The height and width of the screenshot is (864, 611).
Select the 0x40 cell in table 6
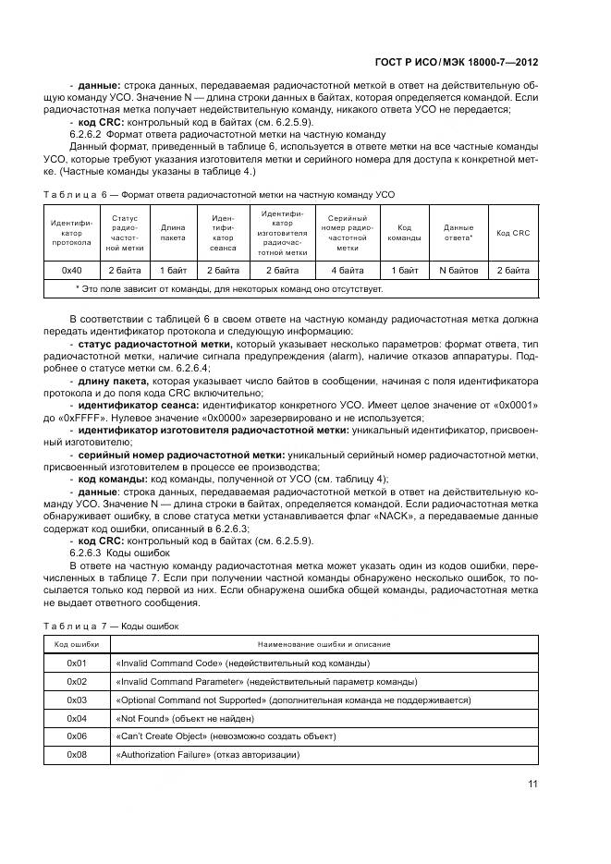click(x=71, y=270)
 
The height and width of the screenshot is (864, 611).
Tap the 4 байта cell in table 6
click(x=347, y=270)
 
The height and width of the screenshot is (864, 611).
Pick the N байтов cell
click(x=458, y=270)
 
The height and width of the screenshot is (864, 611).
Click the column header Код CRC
click(x=513, y=233)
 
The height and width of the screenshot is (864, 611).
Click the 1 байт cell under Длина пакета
click(x=173, y=270)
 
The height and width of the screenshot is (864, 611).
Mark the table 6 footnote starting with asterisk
click(x=228, y=288)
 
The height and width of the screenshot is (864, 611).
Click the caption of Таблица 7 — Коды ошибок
click(x=111, y=626)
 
